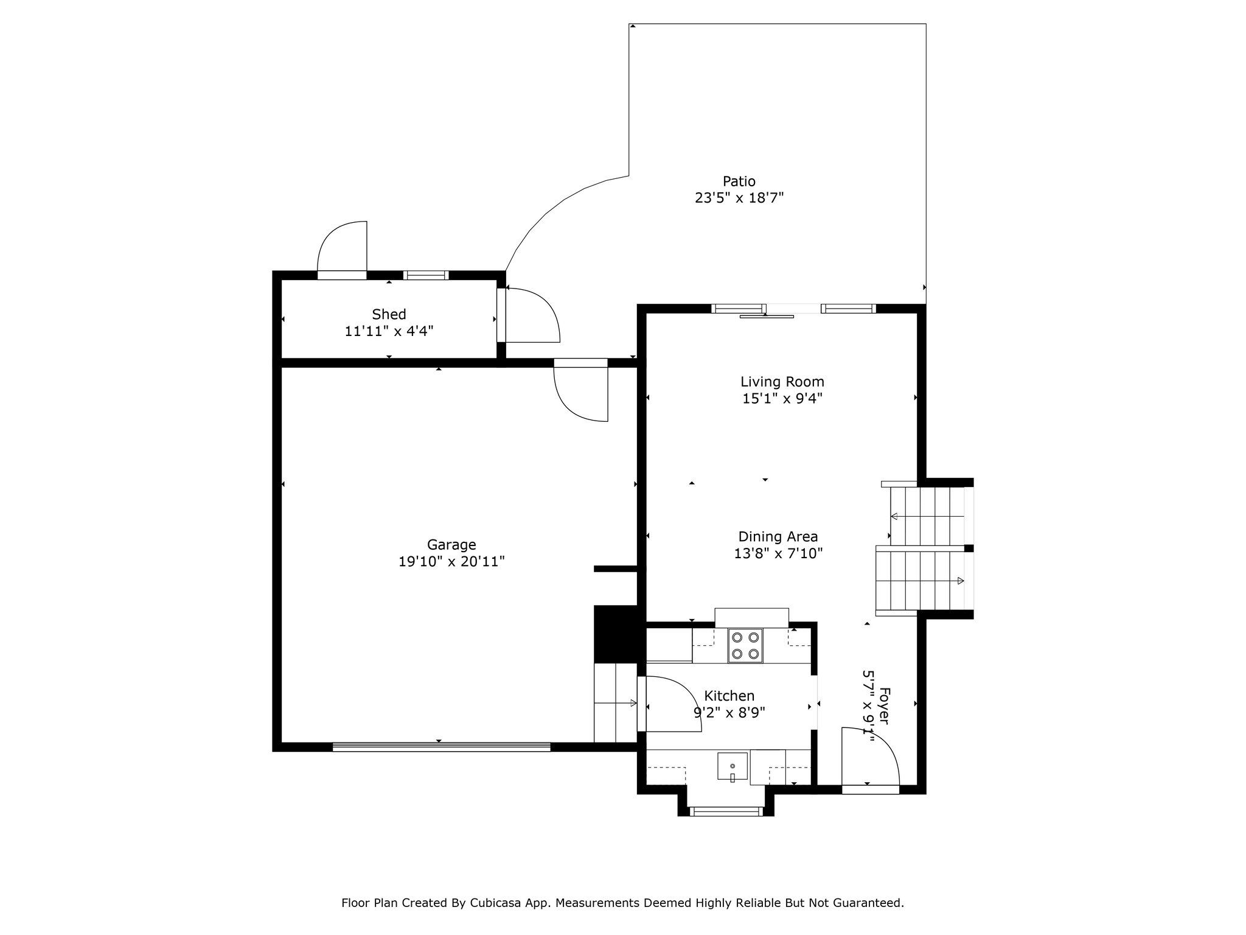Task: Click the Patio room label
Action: pos(739,181)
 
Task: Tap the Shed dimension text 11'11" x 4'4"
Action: pos(389,331)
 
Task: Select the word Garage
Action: pos(451,545)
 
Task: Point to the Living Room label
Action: pos(782,382)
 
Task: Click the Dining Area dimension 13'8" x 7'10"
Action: pos(778,553)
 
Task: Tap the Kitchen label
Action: pos(729,696)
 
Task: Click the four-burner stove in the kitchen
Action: pos(745,646)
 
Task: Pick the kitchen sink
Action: pos(733,767)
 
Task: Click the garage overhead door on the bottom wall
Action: pos(441,747)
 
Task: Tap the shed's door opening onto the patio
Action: pos(528,315)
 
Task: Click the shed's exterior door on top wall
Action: pos(343,250)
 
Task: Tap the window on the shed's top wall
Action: pos(426,275)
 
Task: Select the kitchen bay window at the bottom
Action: pos(726,811)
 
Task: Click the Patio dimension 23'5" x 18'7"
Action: pos(739,198)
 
